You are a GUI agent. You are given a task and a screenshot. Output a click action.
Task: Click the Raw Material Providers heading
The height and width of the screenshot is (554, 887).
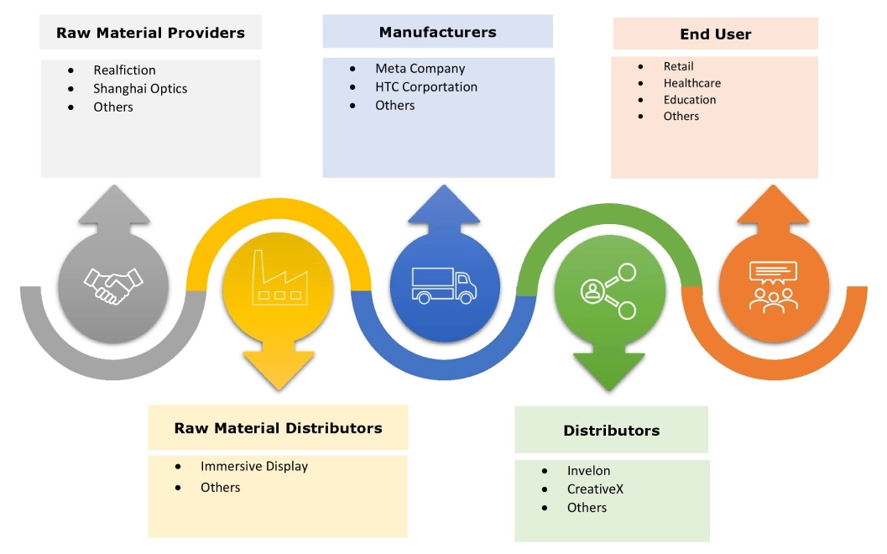150,34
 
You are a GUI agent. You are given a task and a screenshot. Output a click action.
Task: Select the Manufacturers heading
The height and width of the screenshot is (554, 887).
437,33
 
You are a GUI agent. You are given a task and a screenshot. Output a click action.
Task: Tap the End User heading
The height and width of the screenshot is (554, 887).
715,34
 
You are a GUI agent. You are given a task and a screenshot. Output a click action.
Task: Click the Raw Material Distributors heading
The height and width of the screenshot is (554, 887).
278,428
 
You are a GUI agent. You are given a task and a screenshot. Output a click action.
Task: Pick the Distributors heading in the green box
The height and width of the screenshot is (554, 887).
611,431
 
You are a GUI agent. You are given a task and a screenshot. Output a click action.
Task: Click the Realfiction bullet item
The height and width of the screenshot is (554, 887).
124,71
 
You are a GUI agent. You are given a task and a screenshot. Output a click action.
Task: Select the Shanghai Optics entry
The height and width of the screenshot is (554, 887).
140,89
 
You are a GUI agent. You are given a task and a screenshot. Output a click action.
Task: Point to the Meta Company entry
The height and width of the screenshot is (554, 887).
420,69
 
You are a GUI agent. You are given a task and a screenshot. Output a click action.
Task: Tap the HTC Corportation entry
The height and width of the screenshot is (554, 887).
425,87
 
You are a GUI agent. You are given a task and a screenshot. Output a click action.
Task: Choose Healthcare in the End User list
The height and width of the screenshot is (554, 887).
691,83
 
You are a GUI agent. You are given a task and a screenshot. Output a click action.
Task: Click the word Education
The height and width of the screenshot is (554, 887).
690,100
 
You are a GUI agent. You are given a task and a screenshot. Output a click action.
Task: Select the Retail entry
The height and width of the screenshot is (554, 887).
678,66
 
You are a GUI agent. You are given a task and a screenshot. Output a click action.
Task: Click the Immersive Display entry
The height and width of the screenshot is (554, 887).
253,467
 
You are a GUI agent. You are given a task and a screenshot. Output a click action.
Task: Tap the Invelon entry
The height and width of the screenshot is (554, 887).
588,471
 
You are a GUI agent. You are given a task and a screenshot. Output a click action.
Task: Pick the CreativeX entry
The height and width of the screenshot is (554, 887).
595,489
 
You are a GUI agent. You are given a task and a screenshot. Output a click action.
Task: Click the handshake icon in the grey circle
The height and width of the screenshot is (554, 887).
113,286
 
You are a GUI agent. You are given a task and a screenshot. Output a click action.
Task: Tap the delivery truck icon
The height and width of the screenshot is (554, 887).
444,285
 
